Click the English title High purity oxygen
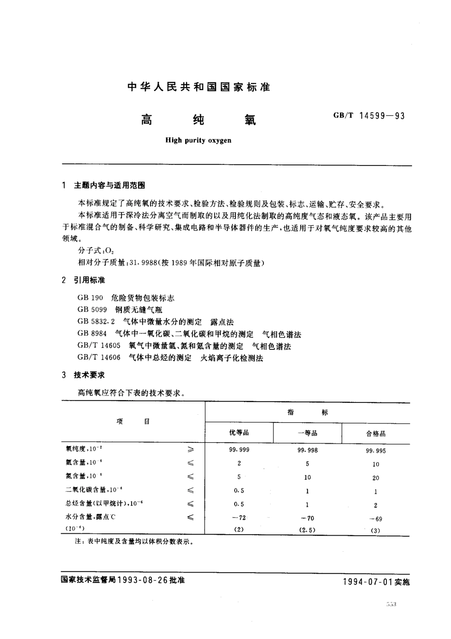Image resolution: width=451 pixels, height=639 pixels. (198, 140)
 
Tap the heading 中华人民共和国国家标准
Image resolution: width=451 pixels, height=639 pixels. (199, 87)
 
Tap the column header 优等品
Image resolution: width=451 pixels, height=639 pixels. (239, 433)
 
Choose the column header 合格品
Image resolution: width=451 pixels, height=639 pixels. (376, 434)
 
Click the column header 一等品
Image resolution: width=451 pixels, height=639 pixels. (308, 433)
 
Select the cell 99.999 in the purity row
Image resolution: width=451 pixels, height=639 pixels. (239, 449)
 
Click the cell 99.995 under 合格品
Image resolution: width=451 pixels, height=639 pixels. (376, 451)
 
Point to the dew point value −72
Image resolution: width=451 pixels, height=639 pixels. (239, 518)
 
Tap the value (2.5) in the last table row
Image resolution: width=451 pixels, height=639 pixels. (308, 530)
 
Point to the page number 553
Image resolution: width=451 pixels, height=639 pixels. (391, 604)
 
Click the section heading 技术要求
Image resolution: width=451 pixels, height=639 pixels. (89, 375)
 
